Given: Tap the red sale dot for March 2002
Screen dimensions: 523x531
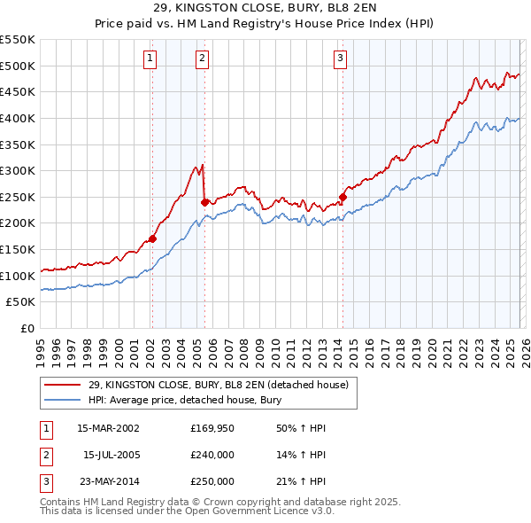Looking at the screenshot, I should [152, 238].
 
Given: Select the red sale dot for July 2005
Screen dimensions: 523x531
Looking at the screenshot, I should [204, 202].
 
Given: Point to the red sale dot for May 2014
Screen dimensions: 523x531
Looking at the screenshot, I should [342, 197].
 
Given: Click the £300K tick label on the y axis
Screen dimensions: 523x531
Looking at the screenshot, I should [18, 170].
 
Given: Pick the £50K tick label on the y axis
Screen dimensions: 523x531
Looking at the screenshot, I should [21, 302].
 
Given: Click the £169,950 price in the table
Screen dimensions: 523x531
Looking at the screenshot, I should [212, 428].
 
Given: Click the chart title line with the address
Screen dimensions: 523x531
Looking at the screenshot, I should [265, 11].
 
